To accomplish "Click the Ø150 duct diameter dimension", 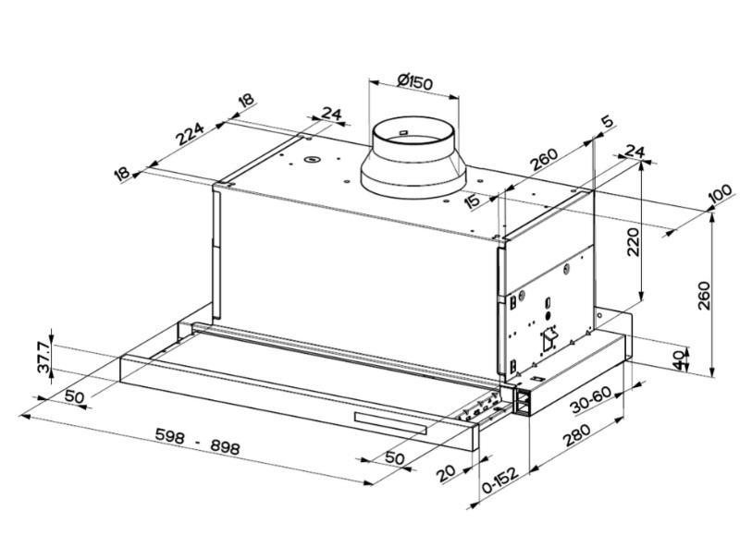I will (x=415, y=82).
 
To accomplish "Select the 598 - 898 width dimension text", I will (x=197, y=441).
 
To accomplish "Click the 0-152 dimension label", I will (x=499, y=484).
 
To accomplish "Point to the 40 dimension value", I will (x=683, y=359).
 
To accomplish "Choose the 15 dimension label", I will (x=474, y=200).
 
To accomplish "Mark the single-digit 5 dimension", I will (x=607, y=122).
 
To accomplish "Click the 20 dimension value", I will (x=446, y=472).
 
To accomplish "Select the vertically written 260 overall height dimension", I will (x=705, y=296).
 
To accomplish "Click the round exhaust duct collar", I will (x=413, y=157).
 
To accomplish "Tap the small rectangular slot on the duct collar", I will (x=403, y=136).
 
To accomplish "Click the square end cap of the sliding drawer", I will (x=525, y=402).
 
